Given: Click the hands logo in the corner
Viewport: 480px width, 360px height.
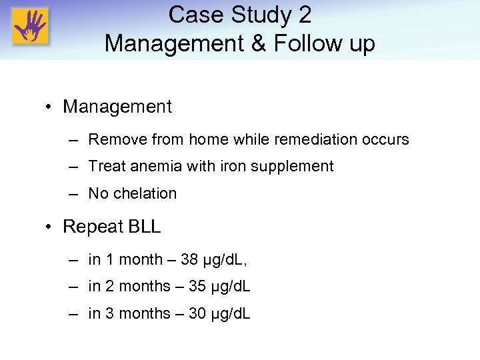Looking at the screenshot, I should tap(31, 27).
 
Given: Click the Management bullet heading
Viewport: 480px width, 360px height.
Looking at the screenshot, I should tap(117, 107).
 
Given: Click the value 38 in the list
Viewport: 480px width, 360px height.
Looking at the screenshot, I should tap(189, 260).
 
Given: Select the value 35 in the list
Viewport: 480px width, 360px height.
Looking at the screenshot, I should tap(197, 287).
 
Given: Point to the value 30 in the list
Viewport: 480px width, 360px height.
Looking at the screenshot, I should tap(197, 313).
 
